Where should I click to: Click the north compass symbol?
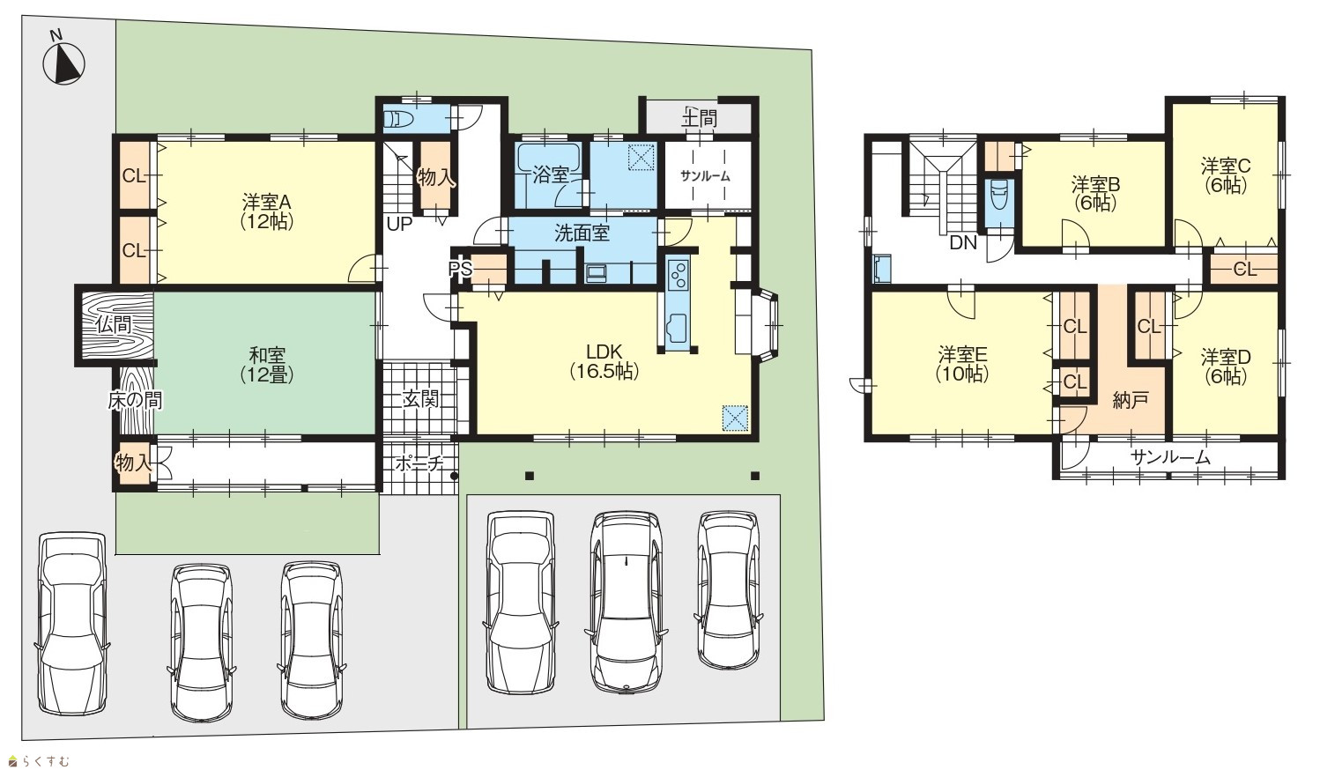pos(63,62)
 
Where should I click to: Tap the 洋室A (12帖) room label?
pos(267,211)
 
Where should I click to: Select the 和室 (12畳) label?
pos(267,366)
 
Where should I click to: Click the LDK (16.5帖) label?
pos(604,361)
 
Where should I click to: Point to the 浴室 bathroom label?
pos(551,174)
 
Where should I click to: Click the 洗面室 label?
pos(582,233)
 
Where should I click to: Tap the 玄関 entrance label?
pos(420,399)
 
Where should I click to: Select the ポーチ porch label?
pos(419,463)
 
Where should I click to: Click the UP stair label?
pos(399,225)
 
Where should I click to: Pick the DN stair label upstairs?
pos(963,242)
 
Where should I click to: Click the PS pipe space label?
pos(460,269)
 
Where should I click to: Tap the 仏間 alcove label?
pos(114,324)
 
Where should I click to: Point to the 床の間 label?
pos(135,401)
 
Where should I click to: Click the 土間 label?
pos(700,118)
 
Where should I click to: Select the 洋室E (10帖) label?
pos(962,365)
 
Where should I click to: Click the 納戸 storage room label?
pos(1131,400)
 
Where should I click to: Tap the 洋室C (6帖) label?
pos(1226,175)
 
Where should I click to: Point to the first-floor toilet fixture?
pos(399,120)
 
